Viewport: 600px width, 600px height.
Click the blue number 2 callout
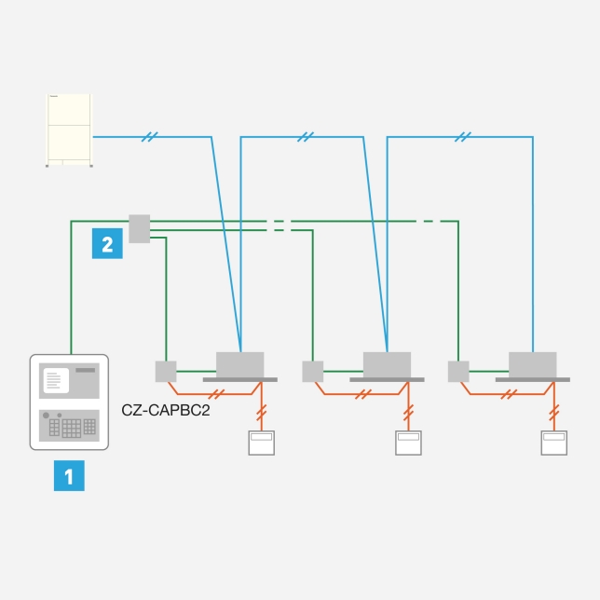[x=107, y=244]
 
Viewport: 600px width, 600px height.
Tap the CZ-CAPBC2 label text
[x=166, y=408]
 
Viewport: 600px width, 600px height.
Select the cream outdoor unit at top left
[x=70, y=130]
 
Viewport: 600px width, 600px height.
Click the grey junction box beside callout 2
[x=139, y=228]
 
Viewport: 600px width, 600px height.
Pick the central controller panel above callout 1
[x=70, y=402]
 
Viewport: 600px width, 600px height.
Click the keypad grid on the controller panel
[x=72, y=427]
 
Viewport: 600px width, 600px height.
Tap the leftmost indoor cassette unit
[x=240, y=365]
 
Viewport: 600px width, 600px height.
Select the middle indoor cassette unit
[x=387, y=365]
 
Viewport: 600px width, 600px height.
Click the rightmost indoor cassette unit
[x=533, y=365]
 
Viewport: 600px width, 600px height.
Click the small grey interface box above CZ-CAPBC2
[x=166, y=371]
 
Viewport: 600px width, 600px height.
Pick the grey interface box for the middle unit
[x=312, y=371]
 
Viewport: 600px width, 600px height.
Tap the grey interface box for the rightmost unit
[x=458, y=371]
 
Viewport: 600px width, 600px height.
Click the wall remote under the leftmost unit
[x=261, y=442]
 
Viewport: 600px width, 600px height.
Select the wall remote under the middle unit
[x=408, y=442]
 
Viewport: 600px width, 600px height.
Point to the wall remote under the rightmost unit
[x=554, y=442]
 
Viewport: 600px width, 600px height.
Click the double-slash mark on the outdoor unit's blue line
[x=149, y=138]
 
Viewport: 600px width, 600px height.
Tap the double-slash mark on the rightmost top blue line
[x=463, y=138]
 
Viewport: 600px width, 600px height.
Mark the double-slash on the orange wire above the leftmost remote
[x=261, y=410]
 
